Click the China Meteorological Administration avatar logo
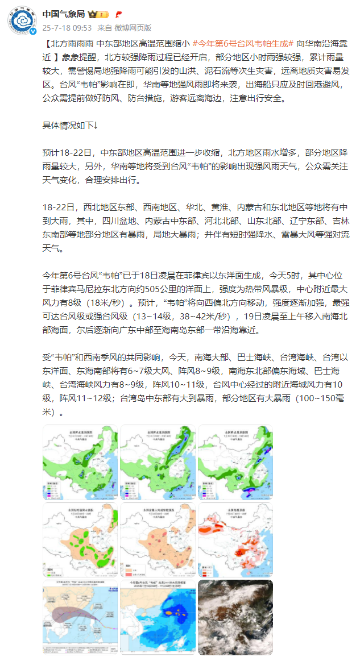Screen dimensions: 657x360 [x=23, y=20]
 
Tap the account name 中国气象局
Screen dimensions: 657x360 [x=64, y=14]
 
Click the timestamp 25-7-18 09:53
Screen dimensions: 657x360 [x=67, y=27]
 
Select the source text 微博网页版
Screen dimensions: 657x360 [x=133, y=27]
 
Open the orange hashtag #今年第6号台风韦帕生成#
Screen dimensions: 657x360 [x=242, y=43]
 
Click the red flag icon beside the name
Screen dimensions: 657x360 [x=118, y=14]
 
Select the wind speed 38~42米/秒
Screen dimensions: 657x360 [x=208, y=317]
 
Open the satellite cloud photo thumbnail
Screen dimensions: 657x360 [x=235, y=617]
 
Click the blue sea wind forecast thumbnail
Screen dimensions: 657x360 [x=158, y=617]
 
